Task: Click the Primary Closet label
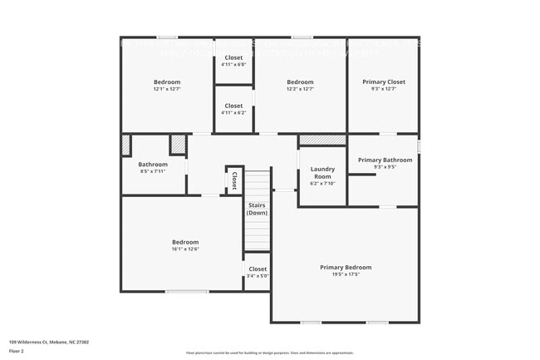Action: tap(384, 81)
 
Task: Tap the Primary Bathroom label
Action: tap(385, 160)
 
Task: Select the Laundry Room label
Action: tap(322, 173)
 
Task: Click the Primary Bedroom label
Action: tap(346, 267)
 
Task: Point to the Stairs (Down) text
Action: tap(257, 208)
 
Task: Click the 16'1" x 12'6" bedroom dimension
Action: tap(185, 249)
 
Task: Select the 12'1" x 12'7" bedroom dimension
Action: tap(167, 89)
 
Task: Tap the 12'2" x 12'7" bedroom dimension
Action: tap(300, 89)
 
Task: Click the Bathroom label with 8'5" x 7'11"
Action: tap(153, 165)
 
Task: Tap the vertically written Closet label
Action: tap(234, 180)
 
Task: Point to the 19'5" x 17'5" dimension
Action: tap(346, 274)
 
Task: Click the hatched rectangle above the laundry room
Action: tap(322, 139)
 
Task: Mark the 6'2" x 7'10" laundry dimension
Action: tap(322, 184)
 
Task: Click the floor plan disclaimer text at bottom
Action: tap(269, 353)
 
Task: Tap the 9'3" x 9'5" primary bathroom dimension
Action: tap(385, 167)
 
